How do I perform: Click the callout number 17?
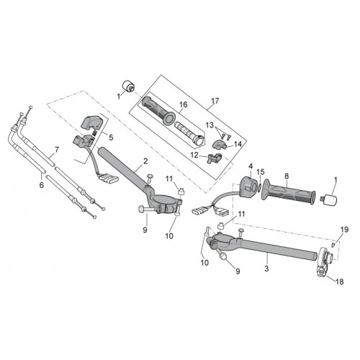pyautogui.click(x=215, y=101)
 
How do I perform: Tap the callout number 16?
pyautogui.click(x=183, y=104)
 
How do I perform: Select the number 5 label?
pyautogui.click(x=111, y=138)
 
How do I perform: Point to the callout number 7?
pyautogui.click(x=57, y=150)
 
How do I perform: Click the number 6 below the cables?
pyautogui.click(x=42, y=185)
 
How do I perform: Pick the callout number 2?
pyautogui.click(x=145, y=161)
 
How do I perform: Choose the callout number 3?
pyautogui.click(x=266, y=269)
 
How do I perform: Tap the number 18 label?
pyautogui.click(x=340, y=282)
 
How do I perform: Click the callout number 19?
pyautogui.click(x=344, y=230)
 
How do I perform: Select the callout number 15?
pyautogui.click(x=261, y=172)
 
